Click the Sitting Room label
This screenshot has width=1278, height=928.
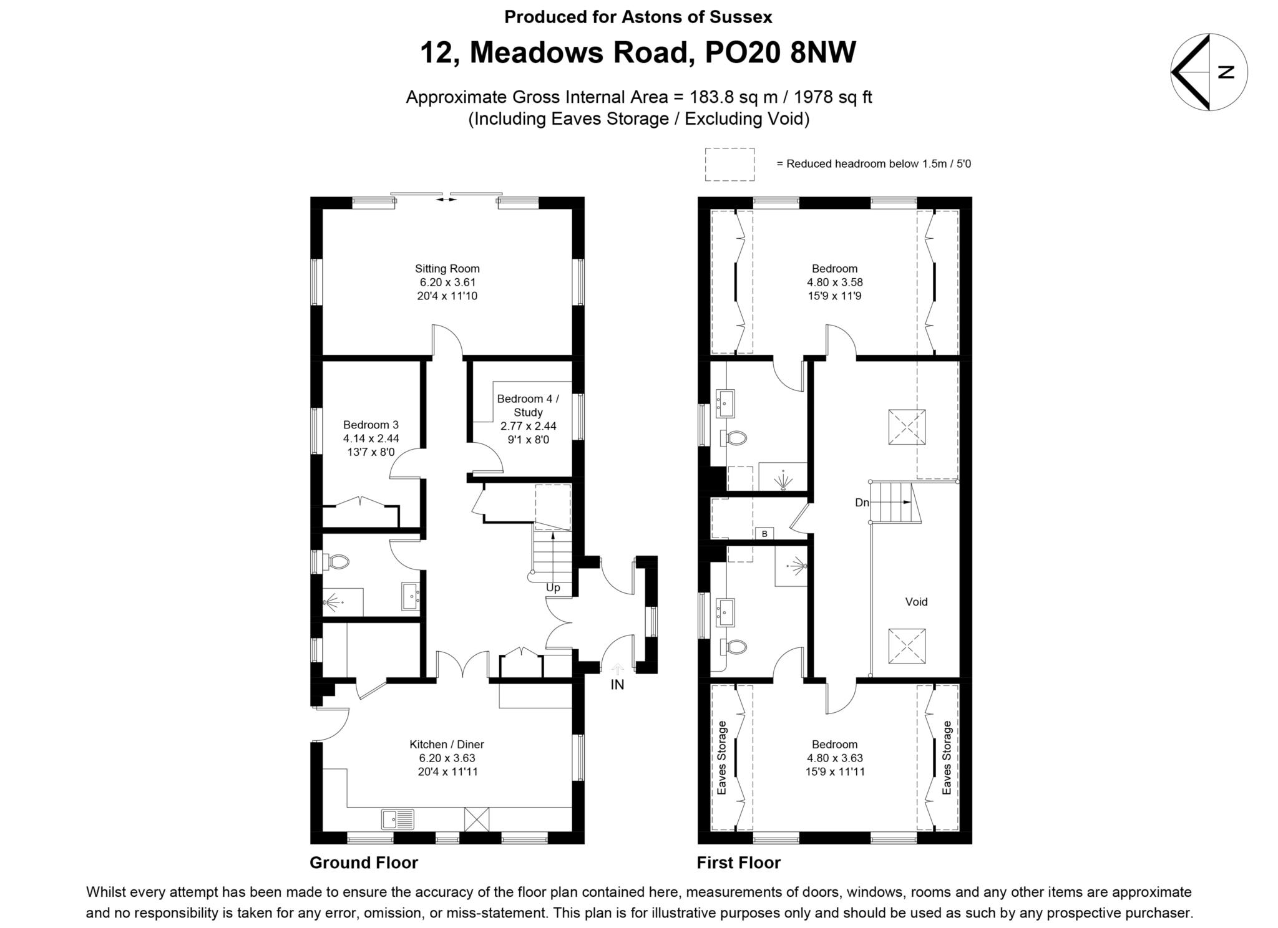447,269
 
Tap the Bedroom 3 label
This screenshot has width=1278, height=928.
371,425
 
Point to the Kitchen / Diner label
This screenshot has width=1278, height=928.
447,744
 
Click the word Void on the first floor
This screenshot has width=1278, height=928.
916,602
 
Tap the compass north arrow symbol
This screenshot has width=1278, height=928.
1209,72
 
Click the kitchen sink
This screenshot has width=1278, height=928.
398,818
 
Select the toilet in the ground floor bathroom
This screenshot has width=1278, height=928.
337,562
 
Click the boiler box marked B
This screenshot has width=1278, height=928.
764,534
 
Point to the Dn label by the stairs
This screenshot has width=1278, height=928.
862,503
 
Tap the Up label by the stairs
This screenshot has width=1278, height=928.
553,587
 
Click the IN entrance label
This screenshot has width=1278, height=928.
617,685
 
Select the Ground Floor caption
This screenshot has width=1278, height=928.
364,863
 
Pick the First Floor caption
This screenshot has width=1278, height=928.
738,863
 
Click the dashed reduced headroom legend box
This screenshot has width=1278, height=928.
729,165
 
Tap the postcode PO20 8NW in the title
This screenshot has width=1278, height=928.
780,52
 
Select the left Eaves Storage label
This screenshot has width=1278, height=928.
722,758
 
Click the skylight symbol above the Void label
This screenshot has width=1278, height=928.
907,427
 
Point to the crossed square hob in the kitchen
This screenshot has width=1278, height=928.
477,819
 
